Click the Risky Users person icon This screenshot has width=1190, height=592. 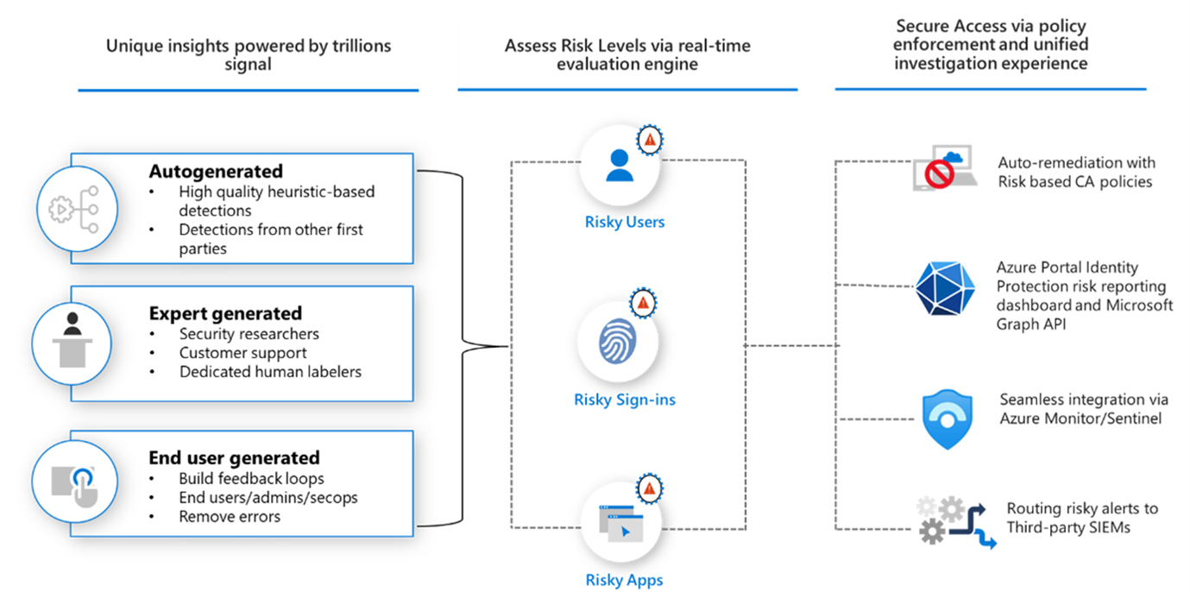pyautogui.click(x=619, y=164)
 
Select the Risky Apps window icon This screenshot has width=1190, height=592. pyautogui.click(x=620, y=522)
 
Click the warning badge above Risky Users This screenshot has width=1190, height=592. pyautogui.click(x=650, y=139)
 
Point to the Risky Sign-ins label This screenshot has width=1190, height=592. pyautogui.click(x=625, y=400)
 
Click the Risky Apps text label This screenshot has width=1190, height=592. pyautogui.click(x=625, y=580)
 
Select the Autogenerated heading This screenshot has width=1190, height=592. pyautogui.click(x=216, y=171)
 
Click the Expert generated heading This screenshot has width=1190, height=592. pyautogui.click(x=225, y=313)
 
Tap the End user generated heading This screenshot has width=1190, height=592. pyautogui.click(x=234, y=457)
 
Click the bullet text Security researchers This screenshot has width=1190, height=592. pyautogui.click(x=249, y=334)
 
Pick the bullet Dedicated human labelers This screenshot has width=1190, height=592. pyautogui.click(x=270, y=372)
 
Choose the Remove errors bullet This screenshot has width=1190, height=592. pyautogui.click(x=230, y=517)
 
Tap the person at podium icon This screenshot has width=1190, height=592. pyautogui.click(x=72, y=343)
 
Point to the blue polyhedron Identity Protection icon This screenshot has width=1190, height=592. pyautogui.click(x=944, y=286)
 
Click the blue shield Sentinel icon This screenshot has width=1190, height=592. pyautogui.click(x=947, y=419)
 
